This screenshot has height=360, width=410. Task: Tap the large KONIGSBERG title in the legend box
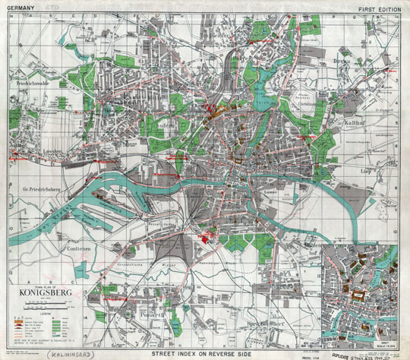[x=44, y=289]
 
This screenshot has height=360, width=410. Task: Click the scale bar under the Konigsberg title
[x=42, y=303]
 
